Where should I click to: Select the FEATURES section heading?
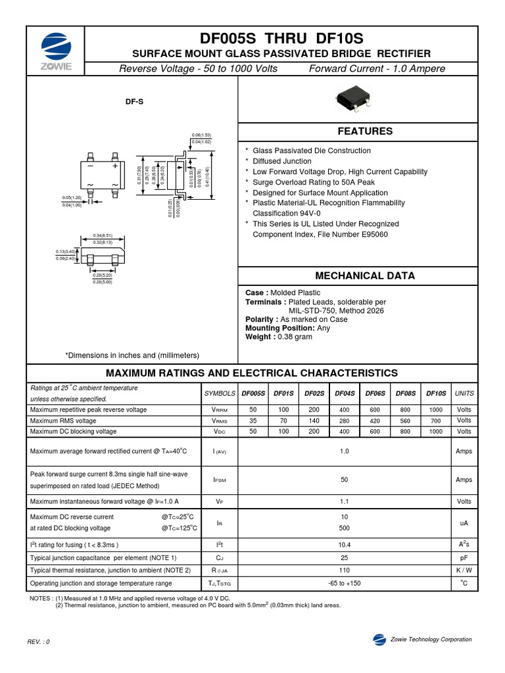(365, 131)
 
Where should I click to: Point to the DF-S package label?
(134, 101)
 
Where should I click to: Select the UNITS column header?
(464, 393)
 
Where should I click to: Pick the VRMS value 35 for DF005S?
(253, 421)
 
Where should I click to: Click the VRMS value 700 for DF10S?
(435, 421)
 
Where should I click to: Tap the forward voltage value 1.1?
(344, 501)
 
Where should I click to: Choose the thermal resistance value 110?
(344, 570)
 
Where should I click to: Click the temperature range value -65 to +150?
(344, 584)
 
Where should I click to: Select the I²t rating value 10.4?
(344, 545)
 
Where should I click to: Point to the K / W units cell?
(464, 570)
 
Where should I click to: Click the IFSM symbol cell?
(220, 480)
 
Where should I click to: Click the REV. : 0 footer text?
(38, 641)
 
